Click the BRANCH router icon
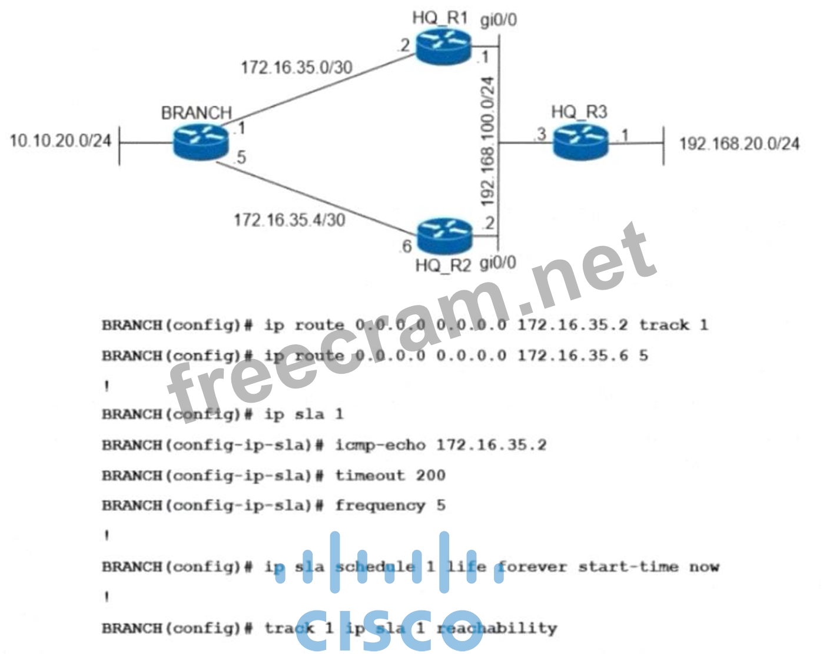200,142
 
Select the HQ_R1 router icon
443,48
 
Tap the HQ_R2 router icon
444,235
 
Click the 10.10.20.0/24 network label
61,140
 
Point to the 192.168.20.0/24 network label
739,143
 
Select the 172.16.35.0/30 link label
296,67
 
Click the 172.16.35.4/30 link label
289,220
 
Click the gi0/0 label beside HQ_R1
499,21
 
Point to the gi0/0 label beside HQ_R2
497,262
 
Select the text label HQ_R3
579,112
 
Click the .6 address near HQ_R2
406,245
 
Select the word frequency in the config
380,506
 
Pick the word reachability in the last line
496,628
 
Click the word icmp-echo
380,444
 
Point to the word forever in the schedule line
532,567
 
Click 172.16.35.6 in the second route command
572,356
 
